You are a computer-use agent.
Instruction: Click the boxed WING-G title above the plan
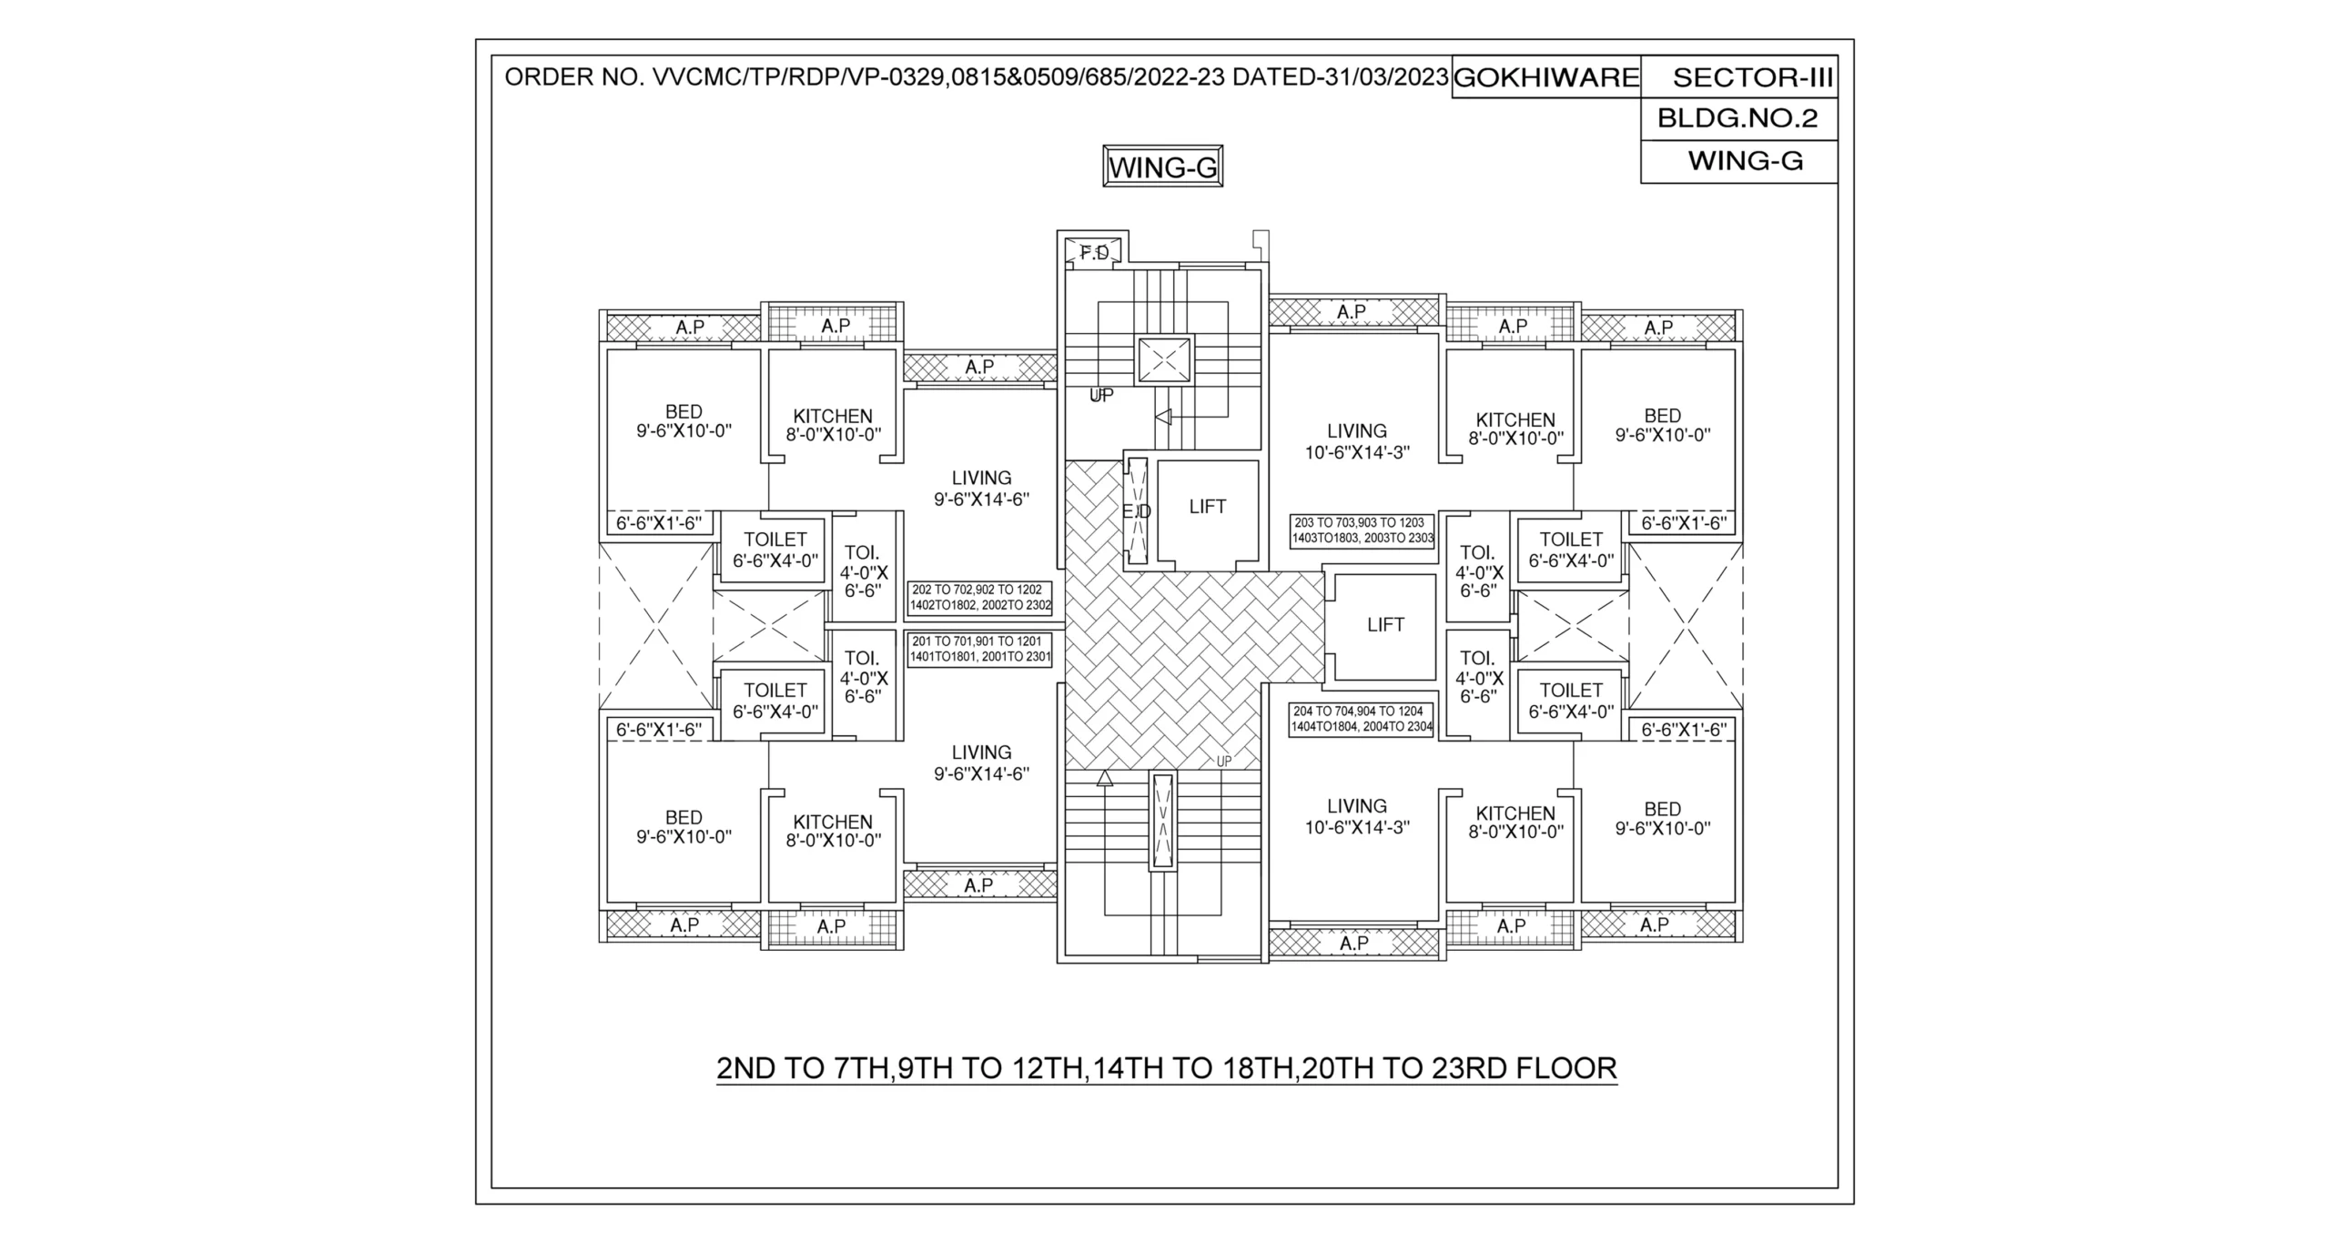1162,167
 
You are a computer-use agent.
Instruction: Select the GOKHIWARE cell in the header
1545,78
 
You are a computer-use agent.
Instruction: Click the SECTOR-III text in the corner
1752,78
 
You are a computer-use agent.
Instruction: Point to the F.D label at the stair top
1095,253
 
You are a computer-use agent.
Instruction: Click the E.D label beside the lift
1136,512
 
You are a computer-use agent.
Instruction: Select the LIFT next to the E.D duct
1207,507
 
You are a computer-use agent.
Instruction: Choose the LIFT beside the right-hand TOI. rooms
1385,625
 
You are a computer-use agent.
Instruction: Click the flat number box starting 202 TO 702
980,598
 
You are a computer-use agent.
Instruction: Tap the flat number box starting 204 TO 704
1361,719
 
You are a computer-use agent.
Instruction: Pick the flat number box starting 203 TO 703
1362,530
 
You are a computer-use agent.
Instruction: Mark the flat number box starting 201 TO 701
980,650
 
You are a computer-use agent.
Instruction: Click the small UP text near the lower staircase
1223,762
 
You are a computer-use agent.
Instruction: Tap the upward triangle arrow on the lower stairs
1104,778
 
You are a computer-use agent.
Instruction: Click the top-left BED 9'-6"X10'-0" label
684,421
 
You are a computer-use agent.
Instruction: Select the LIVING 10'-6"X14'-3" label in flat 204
1356,816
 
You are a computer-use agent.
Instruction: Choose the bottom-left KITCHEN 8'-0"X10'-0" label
833,831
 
